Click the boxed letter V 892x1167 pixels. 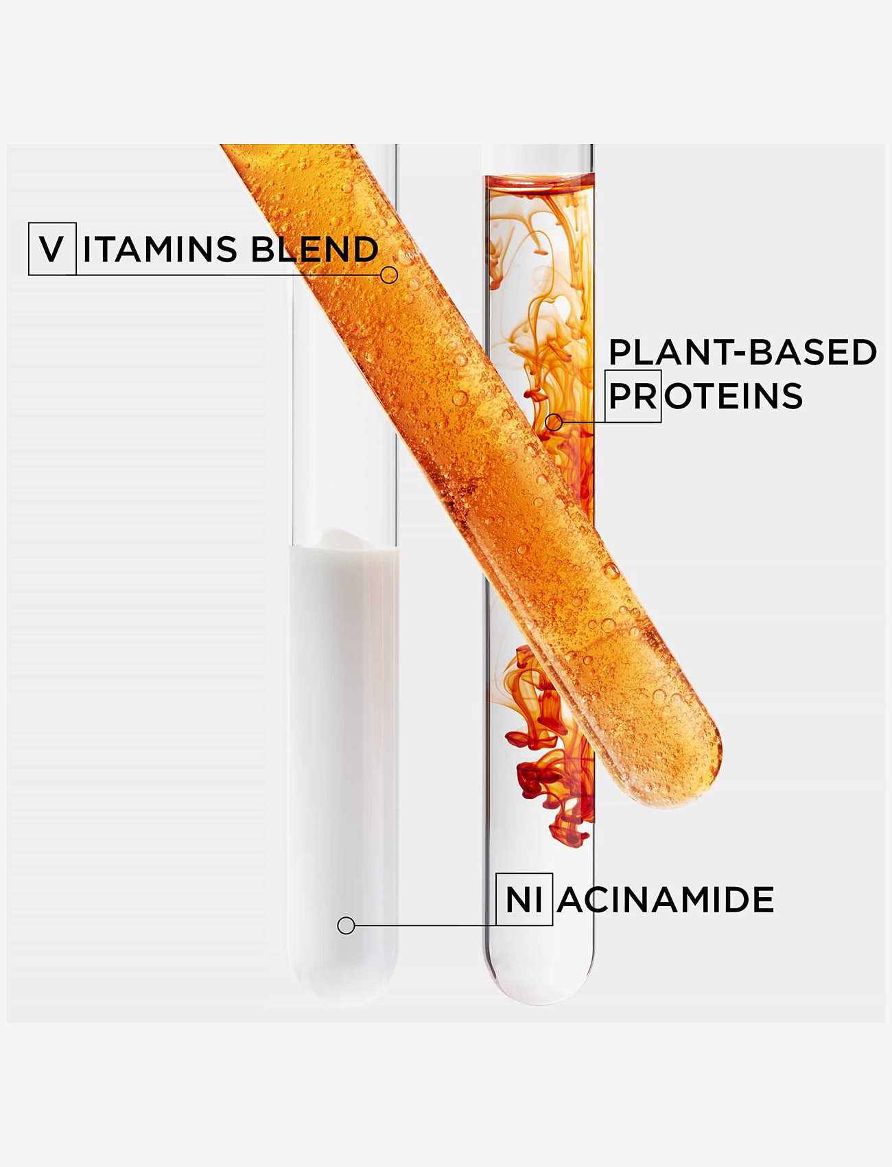(51, 249)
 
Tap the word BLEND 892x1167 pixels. (315, 249)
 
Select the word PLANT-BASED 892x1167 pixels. (742, 352)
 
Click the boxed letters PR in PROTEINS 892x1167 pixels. (633, 396)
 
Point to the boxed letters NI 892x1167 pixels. (524, 900)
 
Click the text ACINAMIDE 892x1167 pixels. (665, 900)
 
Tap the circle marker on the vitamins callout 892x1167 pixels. (389, 275)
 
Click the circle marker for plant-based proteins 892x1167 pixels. (554, 422)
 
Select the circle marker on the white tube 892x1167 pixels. (346, 925)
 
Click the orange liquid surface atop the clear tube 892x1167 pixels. (539, 181)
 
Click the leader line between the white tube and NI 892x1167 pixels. (425, 925)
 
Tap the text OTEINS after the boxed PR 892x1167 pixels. (733, 396)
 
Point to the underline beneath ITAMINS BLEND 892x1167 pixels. (226, 275)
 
